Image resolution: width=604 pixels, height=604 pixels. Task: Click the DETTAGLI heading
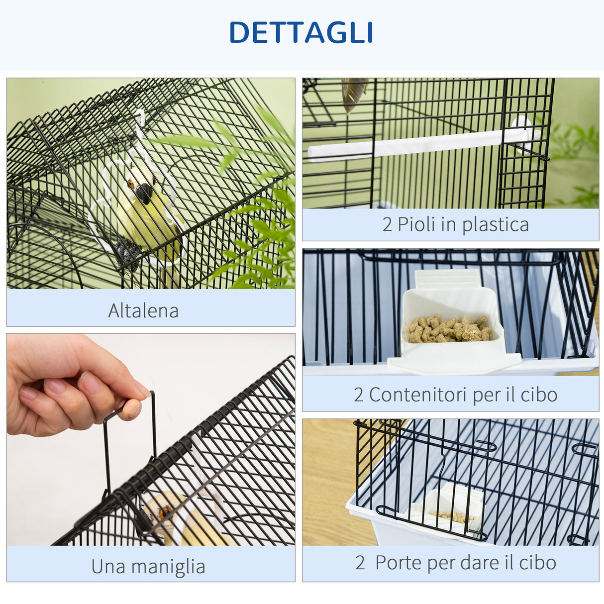301,33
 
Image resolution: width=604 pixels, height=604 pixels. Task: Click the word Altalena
143,311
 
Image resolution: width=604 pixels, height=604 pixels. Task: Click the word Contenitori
418,395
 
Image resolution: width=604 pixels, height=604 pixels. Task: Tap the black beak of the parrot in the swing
144,194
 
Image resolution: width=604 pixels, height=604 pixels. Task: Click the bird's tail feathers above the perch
353,94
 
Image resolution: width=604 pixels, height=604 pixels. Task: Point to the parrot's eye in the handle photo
165,511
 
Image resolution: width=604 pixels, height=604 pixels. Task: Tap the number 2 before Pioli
388,225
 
